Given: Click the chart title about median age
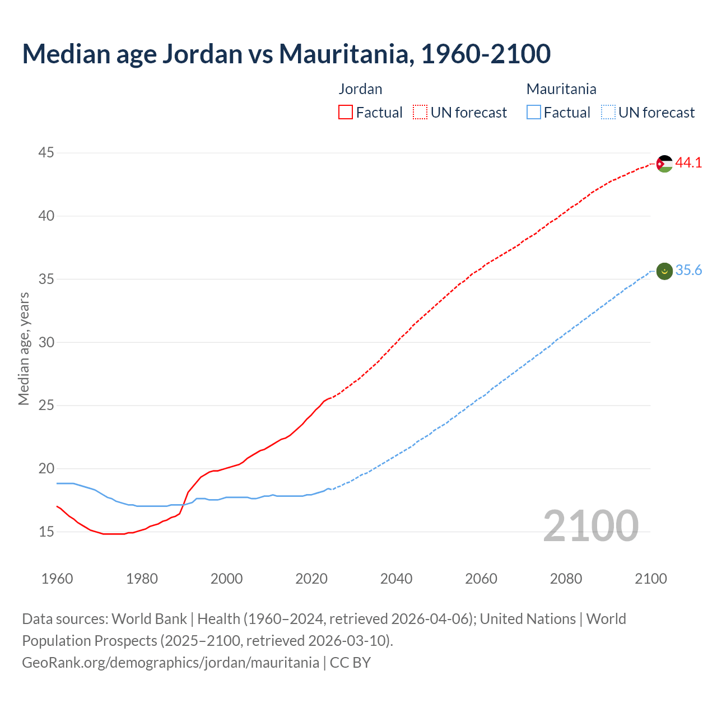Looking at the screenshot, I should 286,54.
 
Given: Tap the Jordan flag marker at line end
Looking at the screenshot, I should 664,164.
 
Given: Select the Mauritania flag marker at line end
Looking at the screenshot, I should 664,271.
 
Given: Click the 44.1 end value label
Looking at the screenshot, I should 688,163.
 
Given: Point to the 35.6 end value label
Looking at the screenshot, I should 688,271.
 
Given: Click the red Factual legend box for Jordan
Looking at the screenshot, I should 346,113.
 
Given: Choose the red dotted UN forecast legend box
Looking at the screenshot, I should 420,113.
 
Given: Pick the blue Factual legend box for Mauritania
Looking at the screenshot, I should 533,113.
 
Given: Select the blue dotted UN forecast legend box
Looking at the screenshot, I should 608,113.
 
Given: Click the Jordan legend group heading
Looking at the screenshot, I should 360,89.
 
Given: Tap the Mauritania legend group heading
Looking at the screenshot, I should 561,89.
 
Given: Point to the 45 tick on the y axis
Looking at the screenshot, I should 46,153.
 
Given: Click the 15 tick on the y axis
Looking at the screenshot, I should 46,532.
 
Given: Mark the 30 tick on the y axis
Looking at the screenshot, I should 46,342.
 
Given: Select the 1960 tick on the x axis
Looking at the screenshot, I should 57,579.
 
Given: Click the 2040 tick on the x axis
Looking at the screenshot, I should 396,579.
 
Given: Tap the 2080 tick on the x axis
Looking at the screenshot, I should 566,579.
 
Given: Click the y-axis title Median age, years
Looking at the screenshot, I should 24,348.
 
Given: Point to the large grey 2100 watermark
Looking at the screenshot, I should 590,525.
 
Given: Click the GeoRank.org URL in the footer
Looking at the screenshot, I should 170,663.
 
